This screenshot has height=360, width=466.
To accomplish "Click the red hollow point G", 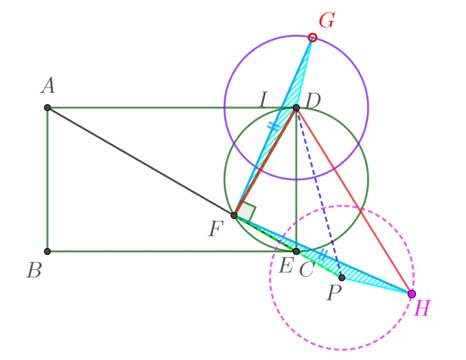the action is point(312,38).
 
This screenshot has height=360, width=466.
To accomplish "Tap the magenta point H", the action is point(412,294).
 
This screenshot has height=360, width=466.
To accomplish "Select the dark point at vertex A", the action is point(47,108).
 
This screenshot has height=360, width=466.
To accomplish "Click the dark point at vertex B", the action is point(47,252).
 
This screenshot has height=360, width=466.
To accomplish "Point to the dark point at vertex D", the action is point(296,108).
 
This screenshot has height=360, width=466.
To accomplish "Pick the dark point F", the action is point(234,215).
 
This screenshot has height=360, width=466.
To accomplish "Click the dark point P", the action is point(342,278).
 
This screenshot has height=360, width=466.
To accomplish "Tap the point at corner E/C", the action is point(296,252).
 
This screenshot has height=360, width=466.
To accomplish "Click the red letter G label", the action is point(327,20).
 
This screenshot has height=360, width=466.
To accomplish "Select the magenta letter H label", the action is point(422,308).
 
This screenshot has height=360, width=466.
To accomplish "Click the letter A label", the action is point(48,86).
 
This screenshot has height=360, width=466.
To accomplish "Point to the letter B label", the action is point(34,271).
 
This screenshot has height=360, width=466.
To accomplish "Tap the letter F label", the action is point(216,230).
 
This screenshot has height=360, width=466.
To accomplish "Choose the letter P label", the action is point(334,293).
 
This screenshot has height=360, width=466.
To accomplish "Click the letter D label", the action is point(313,100).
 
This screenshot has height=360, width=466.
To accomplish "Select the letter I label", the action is point(264,99).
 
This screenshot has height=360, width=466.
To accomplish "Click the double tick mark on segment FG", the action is point(273,126).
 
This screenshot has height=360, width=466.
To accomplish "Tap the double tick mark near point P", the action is point(323,255).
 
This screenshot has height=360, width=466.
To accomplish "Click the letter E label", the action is point(286,265).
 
